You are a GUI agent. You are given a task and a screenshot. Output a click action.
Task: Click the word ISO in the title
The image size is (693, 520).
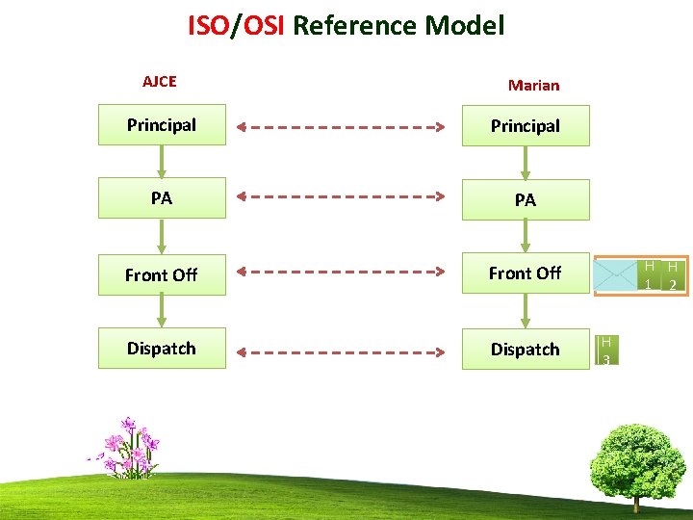click(x=207, y=25)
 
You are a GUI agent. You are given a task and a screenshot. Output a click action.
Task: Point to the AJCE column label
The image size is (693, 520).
click(x=160, y=82)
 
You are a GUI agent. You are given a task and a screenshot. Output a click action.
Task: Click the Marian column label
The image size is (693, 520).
click(x=533, y=85)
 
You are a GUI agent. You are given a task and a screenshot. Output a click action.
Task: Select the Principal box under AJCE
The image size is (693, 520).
click(x=162, y=125)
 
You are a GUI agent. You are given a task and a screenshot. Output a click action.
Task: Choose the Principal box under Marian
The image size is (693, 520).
click(x=526, y=126)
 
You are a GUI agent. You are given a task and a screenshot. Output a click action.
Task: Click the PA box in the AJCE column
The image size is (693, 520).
click(x=162, y=198)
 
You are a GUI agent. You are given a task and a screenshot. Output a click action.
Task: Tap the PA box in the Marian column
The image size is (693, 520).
click(x=526, y=199)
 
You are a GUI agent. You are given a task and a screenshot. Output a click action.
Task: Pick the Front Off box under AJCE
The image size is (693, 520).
click(x=162, y=274)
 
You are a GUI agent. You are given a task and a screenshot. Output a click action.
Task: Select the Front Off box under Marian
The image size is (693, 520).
click(x=526, y=273)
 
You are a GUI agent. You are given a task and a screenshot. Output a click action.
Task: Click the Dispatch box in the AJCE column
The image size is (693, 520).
click(x=162, y=349)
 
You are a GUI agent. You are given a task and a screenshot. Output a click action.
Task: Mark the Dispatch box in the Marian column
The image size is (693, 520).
click(x=526, y=349)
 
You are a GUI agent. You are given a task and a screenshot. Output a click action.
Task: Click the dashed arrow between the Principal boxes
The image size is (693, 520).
click(x=343, y=126)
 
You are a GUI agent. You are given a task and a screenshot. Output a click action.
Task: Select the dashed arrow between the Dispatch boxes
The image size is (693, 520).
click(x=343, y=349)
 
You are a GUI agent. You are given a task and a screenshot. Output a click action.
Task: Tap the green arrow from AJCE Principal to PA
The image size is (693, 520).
click(x=162, y=161)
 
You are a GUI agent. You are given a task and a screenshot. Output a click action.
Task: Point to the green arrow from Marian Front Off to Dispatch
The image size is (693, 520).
click(x=526, y=310)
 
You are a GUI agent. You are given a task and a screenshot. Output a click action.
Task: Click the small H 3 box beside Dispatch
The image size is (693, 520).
click(x=606, y=350)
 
